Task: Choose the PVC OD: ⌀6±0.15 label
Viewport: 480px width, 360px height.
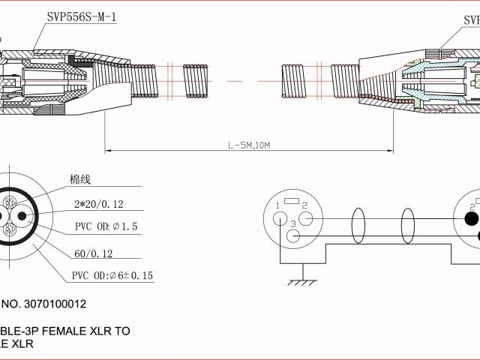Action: [x=112, y=276]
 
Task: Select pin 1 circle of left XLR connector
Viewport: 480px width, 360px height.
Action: [x=280, y=218]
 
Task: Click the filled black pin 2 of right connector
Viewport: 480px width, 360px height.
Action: [x=471, y=219]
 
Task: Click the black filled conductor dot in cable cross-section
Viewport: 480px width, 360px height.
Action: [x=23, y=217]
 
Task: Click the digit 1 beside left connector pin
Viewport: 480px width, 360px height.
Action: [x=278, y=205]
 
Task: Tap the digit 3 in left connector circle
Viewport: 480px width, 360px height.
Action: [x=294, y=224]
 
